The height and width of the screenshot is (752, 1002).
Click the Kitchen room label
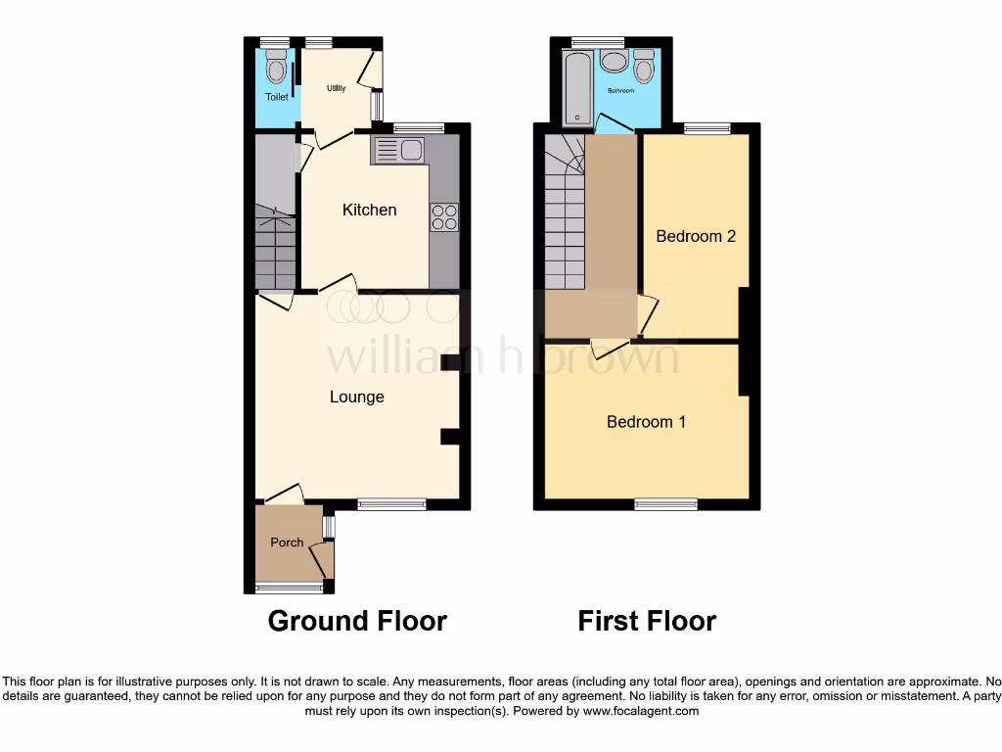coord(369,210)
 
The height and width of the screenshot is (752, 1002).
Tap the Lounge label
coord(356,397)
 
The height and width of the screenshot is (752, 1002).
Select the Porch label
coord(287,542)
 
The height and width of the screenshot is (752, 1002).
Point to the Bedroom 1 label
coord(646,422)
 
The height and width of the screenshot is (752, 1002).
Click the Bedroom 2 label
coord(695,236)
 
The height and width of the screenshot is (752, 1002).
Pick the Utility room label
coord(336,88)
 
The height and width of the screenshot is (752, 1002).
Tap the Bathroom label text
coord(620,91)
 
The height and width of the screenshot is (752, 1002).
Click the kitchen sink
coord(399,151)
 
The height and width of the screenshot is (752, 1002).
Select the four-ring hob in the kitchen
coord(444,216)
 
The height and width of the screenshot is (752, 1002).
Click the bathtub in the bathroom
coord(577,85)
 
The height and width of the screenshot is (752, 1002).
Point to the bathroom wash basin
coord(615,62)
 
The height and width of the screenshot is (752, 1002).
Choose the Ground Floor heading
coord(357,621)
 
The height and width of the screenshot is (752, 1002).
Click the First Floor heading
coord(647,621)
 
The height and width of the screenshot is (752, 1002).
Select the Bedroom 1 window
coord(665,504)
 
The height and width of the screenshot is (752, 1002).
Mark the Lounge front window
coord(391,504)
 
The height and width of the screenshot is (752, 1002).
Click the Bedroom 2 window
coord(706,127)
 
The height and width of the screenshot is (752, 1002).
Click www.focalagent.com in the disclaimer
coord(640,712)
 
